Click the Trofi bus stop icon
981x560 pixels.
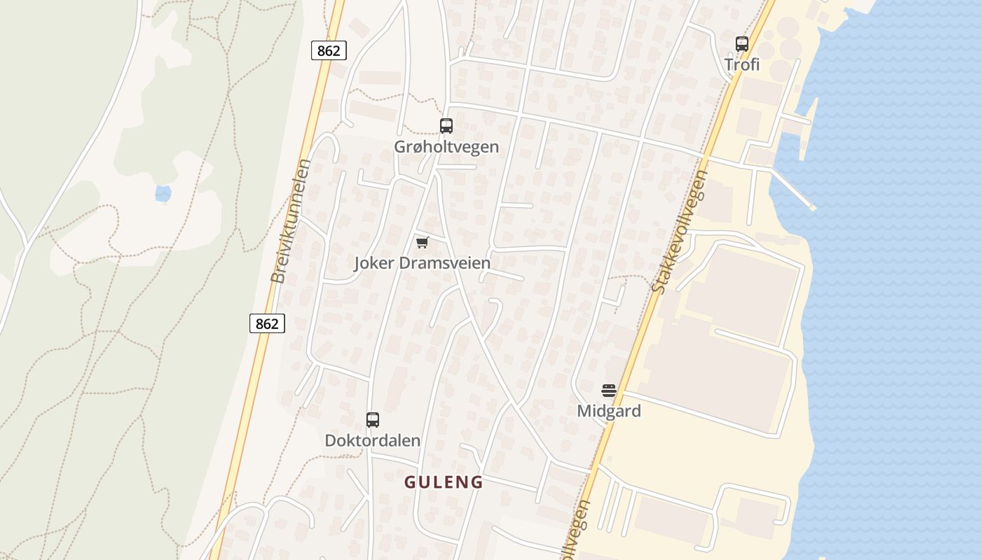742,44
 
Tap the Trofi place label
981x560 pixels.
742,65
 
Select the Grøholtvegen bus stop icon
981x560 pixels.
446,126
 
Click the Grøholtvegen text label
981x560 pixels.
446,147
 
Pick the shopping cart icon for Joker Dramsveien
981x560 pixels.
422,242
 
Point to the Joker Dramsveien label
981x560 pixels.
422,263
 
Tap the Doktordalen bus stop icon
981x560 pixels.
373,420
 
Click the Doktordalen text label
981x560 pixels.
373,441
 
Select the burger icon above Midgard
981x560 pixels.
609,390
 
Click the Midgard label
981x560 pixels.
609,411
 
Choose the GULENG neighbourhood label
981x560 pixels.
444,482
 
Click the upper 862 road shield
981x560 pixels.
328,50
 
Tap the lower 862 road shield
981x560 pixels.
267,323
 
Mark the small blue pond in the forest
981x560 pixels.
163,193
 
